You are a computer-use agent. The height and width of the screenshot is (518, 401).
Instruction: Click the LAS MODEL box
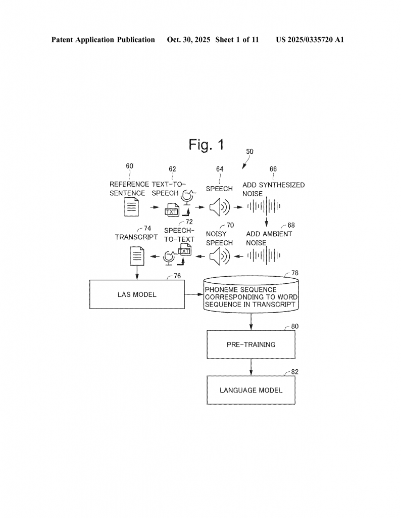[136, 294]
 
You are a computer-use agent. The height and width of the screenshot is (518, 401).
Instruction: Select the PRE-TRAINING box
[251, 344]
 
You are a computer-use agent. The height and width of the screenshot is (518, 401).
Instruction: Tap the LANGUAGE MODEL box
[251, 390]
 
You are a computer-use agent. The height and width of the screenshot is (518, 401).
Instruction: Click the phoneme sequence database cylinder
[250, 294]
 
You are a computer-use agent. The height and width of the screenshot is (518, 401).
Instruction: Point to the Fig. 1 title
[206, 145]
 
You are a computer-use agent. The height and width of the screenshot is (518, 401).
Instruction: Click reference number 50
[249, 151]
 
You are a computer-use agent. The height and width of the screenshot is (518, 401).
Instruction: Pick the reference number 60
[130, 166]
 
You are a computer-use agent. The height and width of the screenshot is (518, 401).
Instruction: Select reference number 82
[295, 372]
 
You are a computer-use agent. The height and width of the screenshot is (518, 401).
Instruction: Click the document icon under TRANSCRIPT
[137, 256]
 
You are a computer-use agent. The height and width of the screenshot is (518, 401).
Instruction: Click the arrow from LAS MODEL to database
[193, 294]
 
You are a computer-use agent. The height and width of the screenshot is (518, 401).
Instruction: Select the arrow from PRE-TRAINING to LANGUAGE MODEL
[251, 367]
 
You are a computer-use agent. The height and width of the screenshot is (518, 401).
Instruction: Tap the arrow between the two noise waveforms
[265, 223]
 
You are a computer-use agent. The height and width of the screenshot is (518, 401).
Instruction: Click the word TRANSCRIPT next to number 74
[136, 237]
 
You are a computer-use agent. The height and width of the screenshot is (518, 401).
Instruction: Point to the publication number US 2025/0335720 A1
[310, 39]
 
